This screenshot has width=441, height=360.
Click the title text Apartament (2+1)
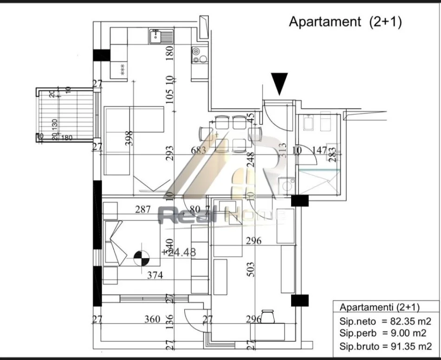click(x=345, y=22)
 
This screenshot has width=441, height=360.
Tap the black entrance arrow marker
click(x=280, y=84)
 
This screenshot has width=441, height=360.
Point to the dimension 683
click(x=198, y=150)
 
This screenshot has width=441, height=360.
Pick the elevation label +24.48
click(x=179, y=252)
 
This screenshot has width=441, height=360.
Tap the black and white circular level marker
click(x=141, y=258)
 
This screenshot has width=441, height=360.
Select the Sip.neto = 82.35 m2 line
click(x=386, y=321)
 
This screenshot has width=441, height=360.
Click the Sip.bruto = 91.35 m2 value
click(x=386, y=346)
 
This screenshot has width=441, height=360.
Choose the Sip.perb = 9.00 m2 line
click(x=386, y=334)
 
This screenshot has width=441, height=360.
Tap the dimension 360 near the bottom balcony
click(x=152, y=319)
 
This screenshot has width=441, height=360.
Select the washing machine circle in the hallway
click(x=285, y=186)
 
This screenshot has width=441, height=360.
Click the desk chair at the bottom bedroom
click(x=268, y=317)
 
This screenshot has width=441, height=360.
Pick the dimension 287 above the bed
click(x=143, y=210)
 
